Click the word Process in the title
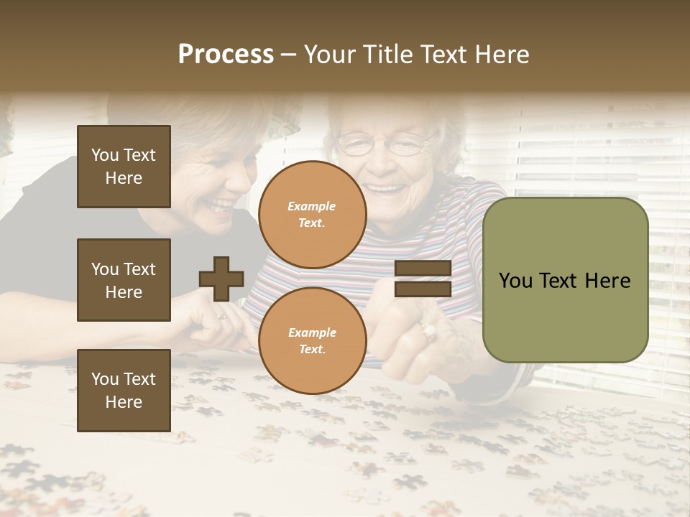(226, 55)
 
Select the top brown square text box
(124, 167)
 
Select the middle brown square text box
(124, 280)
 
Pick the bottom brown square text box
(124, 390)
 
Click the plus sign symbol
(221, 279)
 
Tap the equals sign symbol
(423, 279)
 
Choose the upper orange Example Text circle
(312, 214)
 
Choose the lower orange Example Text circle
(312, 340)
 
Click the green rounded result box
(565, 280)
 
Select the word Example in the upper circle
(312, 206)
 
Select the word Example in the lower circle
(312, 332)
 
